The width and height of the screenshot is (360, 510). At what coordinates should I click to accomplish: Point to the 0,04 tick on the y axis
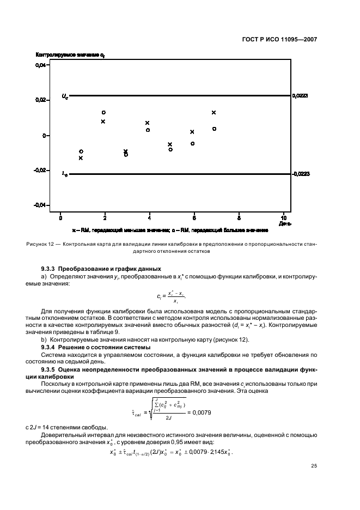coord(41,65)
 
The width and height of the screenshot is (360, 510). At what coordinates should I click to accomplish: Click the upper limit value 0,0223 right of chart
coord(300,96)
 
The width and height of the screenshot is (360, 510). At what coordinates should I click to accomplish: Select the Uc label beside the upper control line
coord(65,97)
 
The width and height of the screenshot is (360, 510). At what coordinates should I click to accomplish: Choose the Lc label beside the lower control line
coord(65,174)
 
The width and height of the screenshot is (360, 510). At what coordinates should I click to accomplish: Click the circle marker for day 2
coord(103,113)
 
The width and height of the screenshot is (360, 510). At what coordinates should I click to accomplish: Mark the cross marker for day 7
coord(214,112)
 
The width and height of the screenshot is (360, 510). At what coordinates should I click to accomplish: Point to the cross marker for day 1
coord(81,158)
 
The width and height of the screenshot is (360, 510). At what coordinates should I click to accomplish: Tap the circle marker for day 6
coord(192,143)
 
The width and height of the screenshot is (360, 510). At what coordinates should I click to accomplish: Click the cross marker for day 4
coord(147,123)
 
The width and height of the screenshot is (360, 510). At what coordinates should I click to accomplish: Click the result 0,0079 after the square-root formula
coord(201,412)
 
